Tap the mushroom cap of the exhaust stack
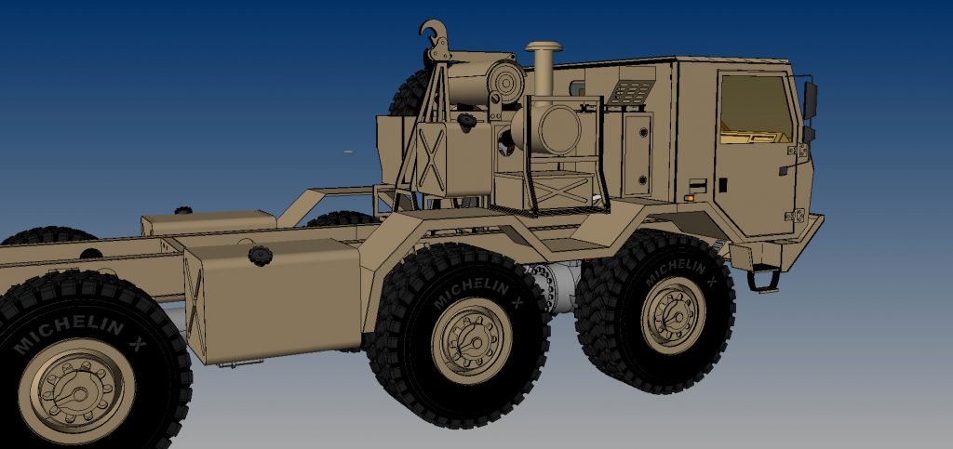543,47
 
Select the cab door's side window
755,107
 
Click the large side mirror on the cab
811,99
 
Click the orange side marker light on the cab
690,197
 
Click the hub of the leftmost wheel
75,390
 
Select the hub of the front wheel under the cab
673,314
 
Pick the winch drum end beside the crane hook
506,82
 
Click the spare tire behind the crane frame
409,93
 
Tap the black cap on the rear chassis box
183,211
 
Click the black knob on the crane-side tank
465,121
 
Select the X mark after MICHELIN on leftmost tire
137,345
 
